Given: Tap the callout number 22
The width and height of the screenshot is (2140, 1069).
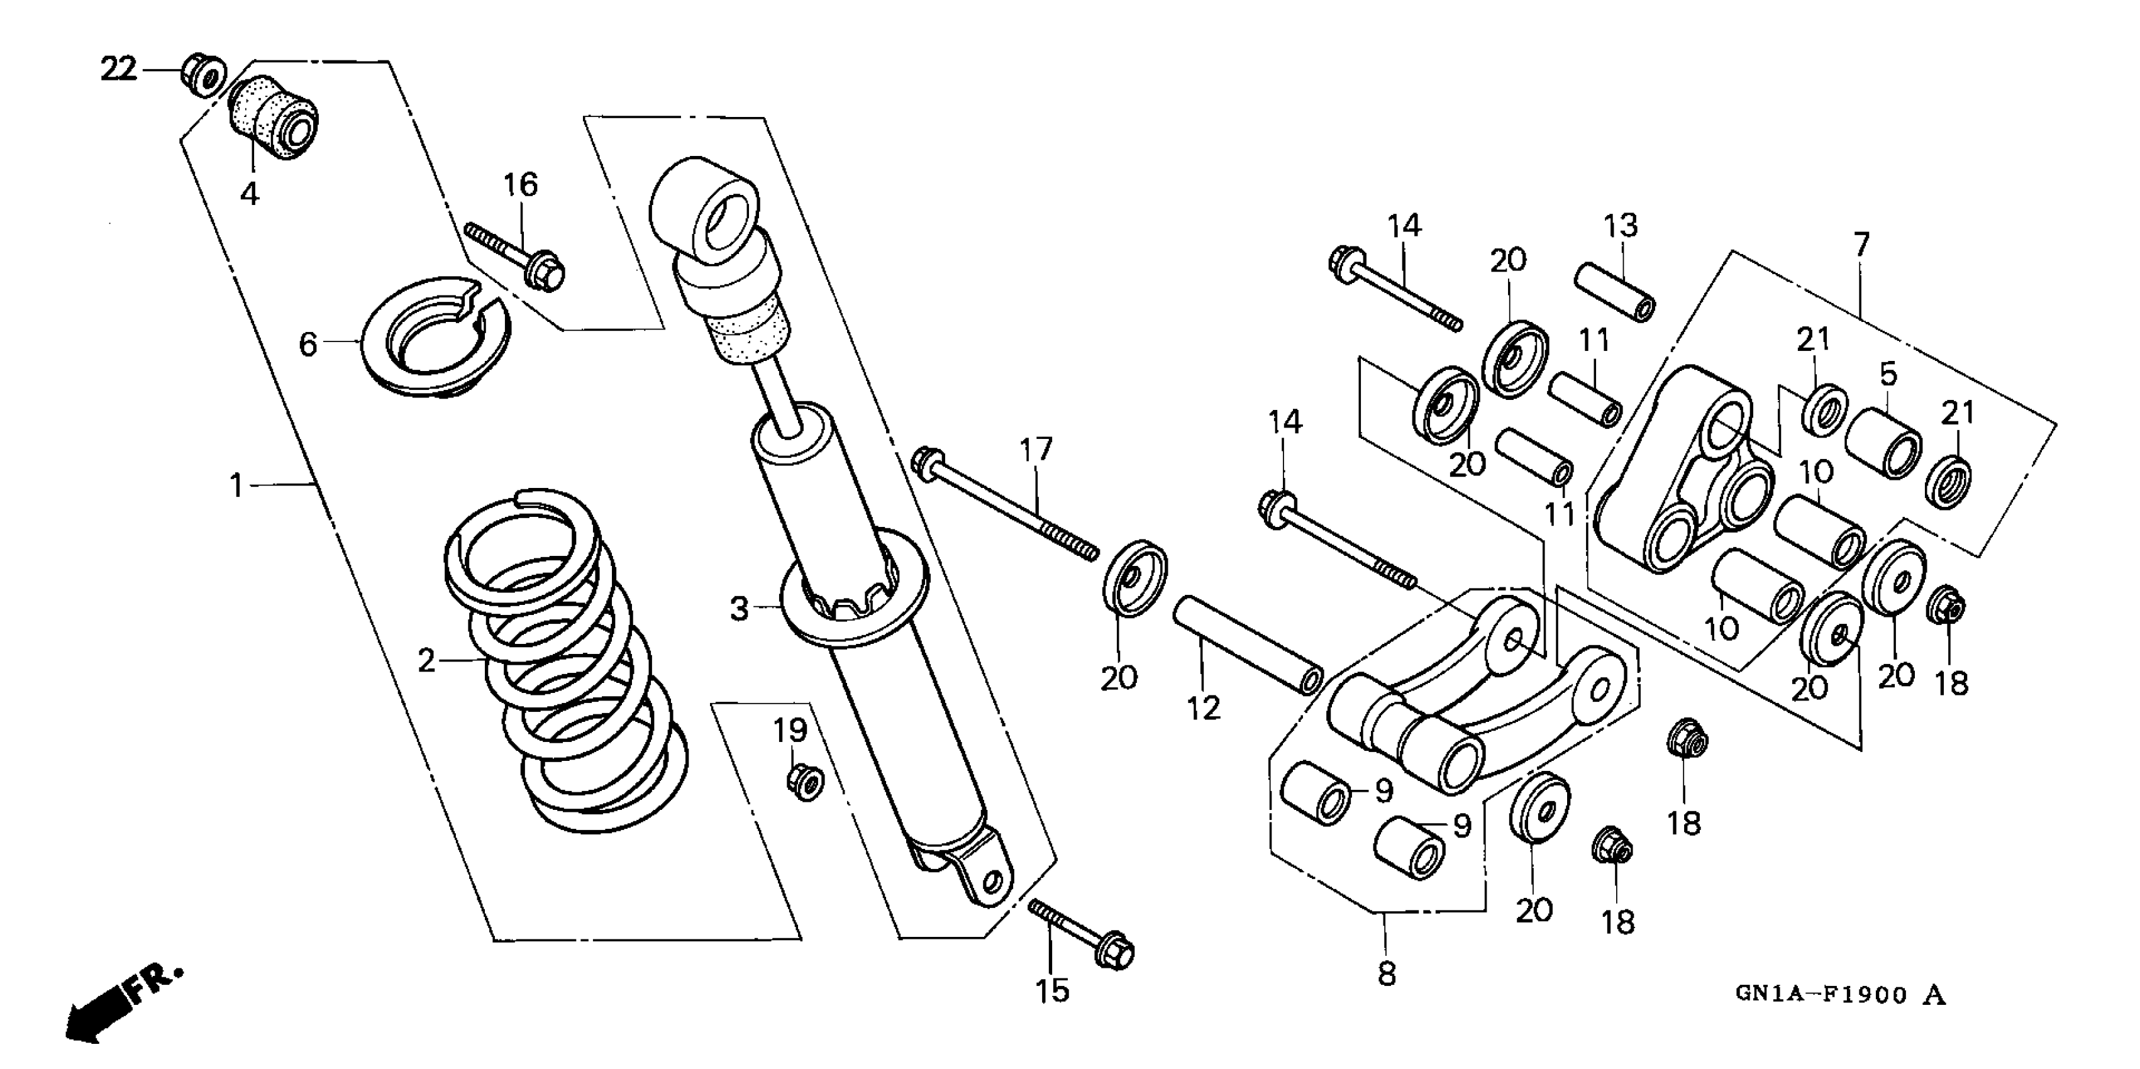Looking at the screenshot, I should click(x=118, y=69).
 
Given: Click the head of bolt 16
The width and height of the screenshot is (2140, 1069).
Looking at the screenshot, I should click(x=546, y=269).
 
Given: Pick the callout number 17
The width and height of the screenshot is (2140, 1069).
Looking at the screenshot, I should click(x=1036, y=450).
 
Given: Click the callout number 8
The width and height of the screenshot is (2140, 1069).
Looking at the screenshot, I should click(x=1387, y=973).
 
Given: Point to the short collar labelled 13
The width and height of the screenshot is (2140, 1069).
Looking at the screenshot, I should click(x=1615, y=291).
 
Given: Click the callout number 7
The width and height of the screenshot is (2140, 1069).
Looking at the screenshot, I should click(x=1861, y=244).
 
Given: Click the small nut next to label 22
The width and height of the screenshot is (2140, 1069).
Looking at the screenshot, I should click(x=202, y=74).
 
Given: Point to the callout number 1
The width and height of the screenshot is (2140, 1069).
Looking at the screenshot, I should click(x=236, y=485).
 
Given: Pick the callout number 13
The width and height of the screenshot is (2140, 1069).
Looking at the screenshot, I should click(x=1620, y=226).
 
